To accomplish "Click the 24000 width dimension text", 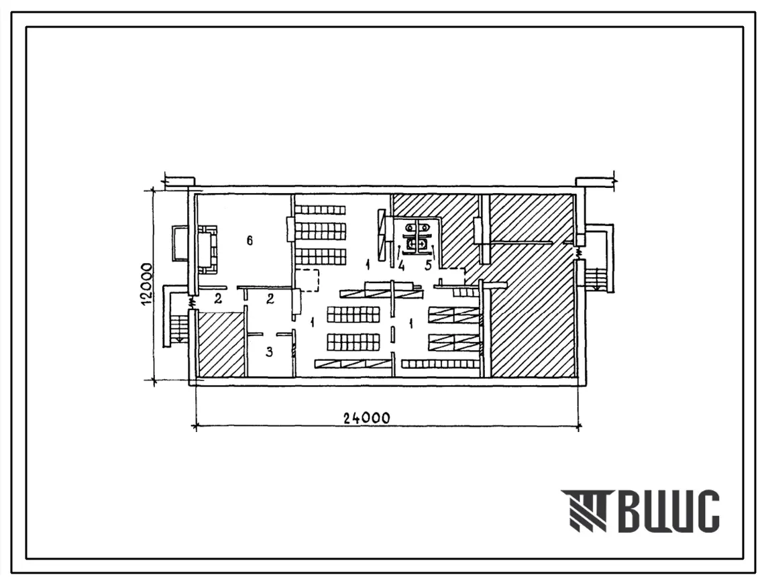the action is pyautogui.click(x=366, y=418).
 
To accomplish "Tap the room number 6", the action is pyautogui.click(x=250, y=240).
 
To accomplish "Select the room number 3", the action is pyautogui.click(x=270, y=352).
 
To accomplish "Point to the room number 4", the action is pyautogui.click(x=401, y=266).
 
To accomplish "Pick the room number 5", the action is pyautogui.click(x=429, y=266).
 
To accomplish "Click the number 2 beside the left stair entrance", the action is pyautogui.click(x=218, y=299).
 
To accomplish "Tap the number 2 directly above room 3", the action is pyautogui.click(x=270, y=299).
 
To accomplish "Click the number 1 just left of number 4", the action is pyautogui.click(x=368, y=265).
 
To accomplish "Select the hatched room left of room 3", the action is pyautogui.click(x=220, y=345).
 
